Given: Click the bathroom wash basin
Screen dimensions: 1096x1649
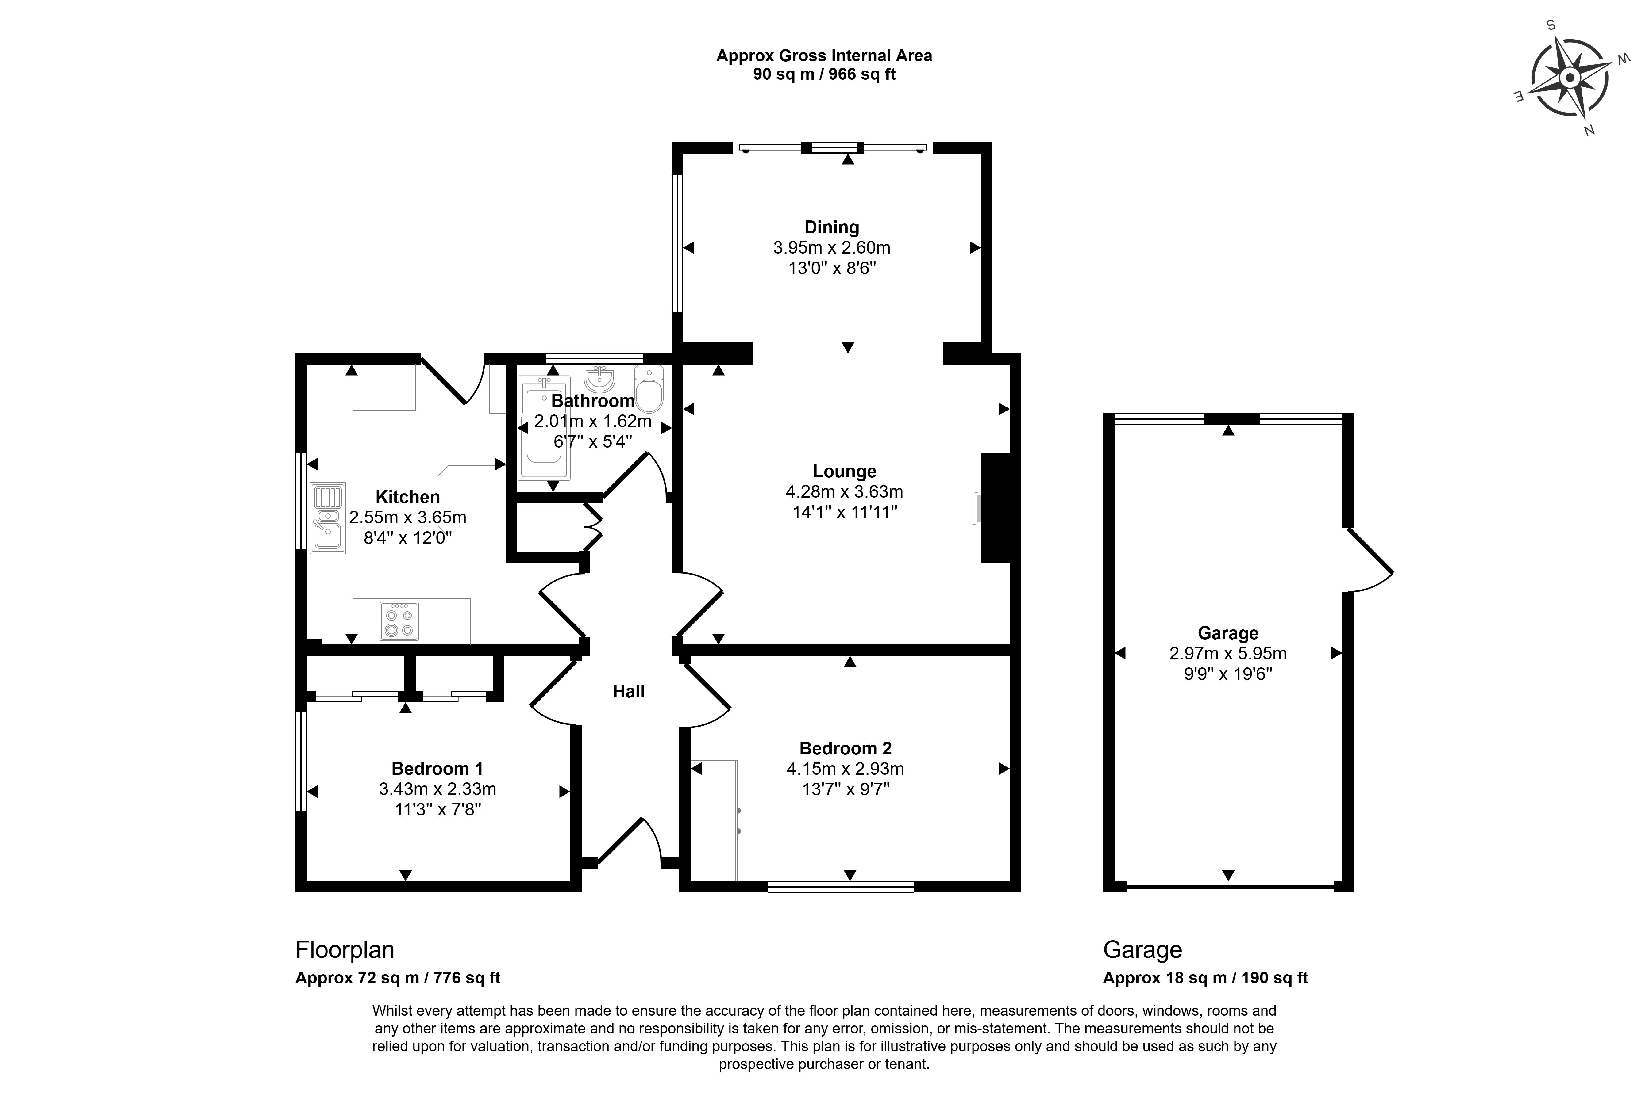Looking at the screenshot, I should click(x=599, y=378).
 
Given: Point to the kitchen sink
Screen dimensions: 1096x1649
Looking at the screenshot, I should click(x=328, y=518).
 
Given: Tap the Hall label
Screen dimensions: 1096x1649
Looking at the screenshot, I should click(x=628, y=691).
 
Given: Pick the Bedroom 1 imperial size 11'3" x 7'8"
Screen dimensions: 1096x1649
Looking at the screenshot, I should click(x=437, y=809).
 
